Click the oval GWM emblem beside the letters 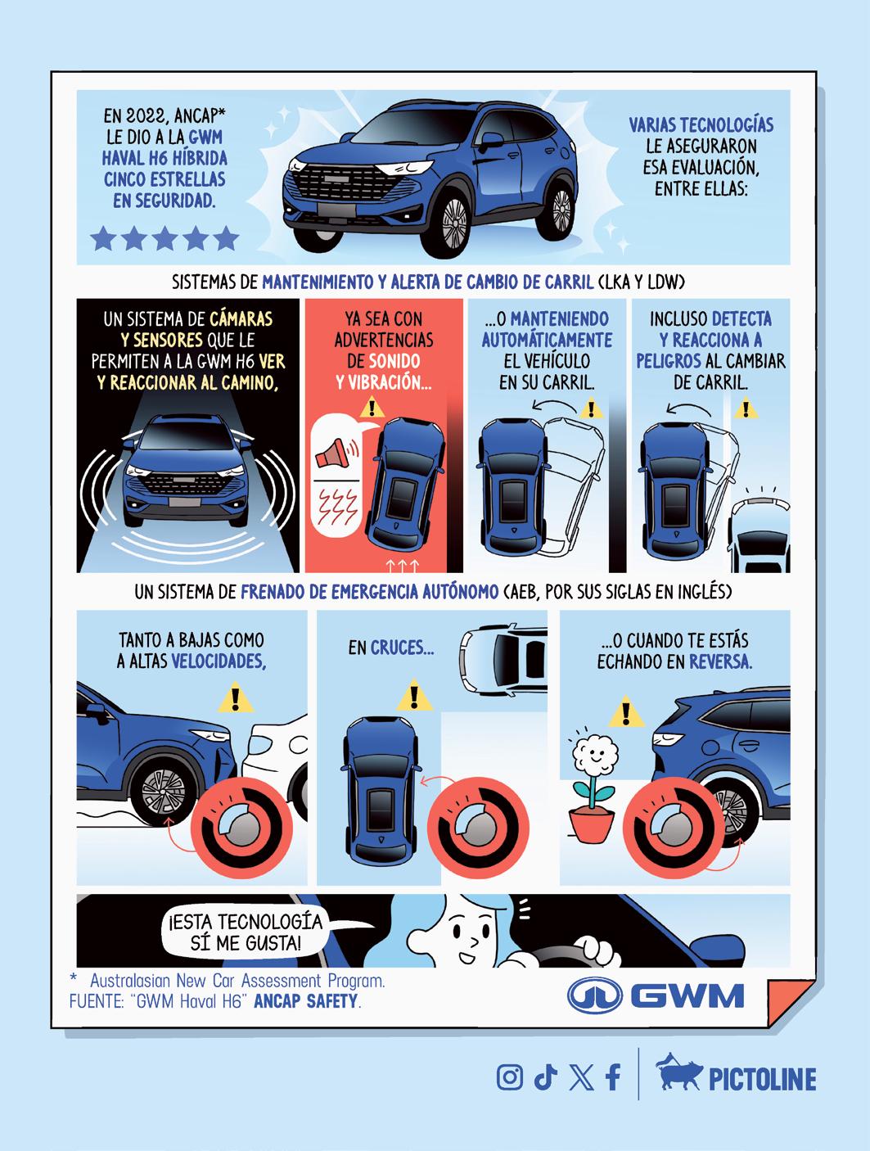[x=594, y=995]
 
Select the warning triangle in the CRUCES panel [x=414, y=695]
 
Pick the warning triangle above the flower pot [x=626, y=711]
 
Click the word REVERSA [x=720, y=661]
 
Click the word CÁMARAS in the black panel [x=241, y=318]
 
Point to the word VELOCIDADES [x=219, y=661]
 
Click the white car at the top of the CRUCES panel [x=503, y=658]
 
